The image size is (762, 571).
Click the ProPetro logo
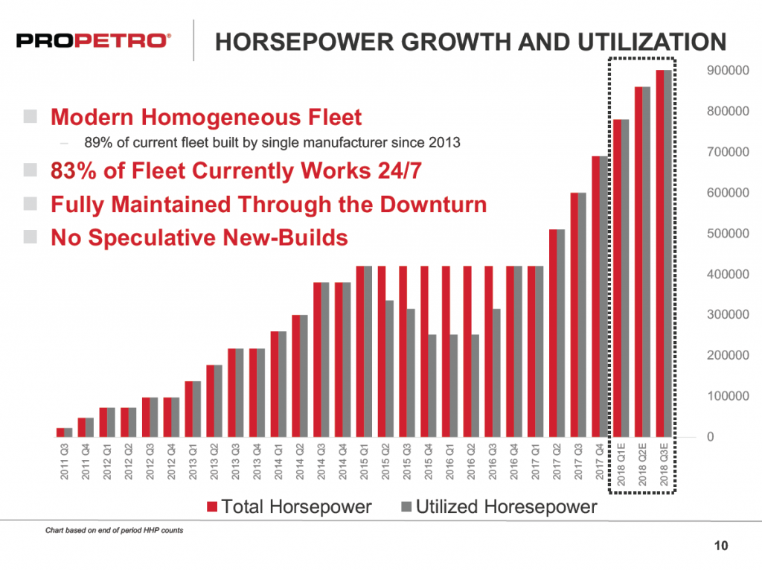[x=92, y=40]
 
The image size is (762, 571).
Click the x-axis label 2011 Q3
[x=64, y=462]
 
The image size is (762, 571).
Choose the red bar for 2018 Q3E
[x=659, y=253]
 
